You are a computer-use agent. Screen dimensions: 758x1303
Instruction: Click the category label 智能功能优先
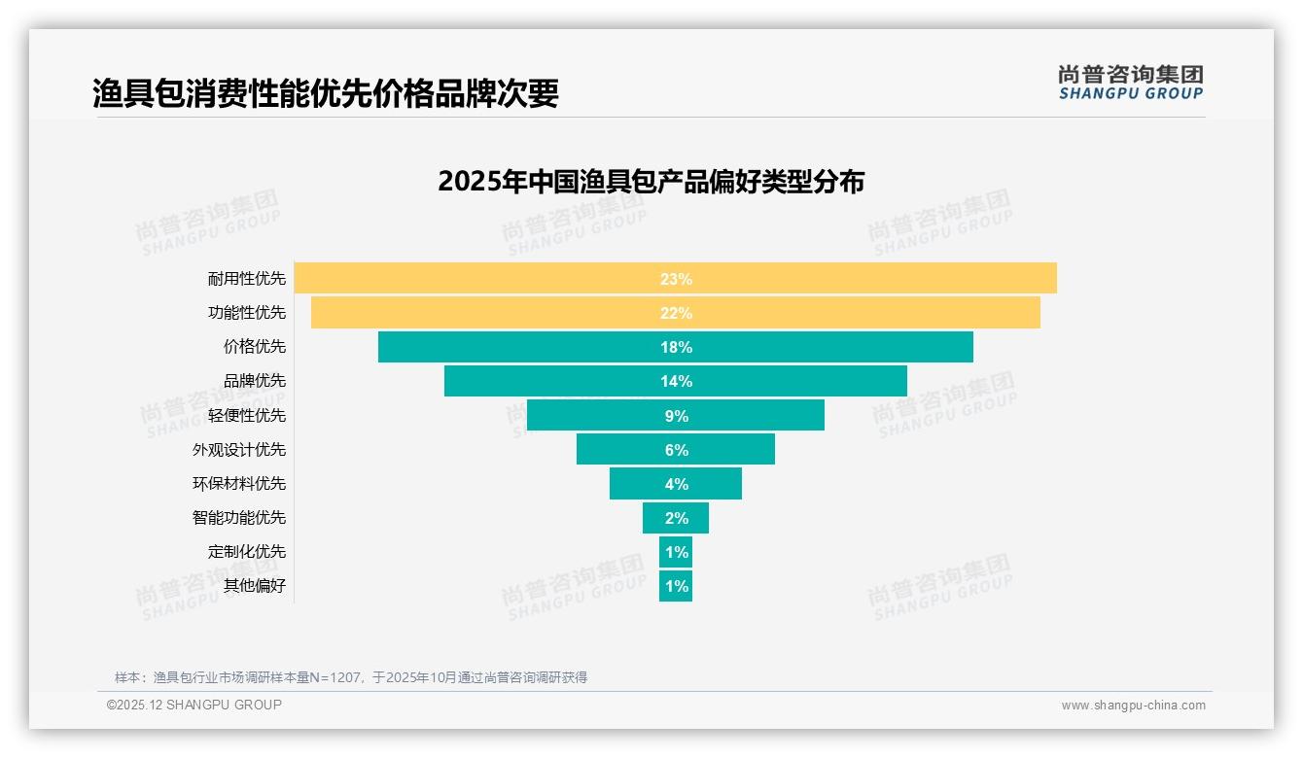[239, 518]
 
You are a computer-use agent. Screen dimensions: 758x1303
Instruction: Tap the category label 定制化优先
[247, 552]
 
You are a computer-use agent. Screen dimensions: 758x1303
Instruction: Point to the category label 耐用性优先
[247, 279]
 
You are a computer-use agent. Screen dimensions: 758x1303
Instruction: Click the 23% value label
[676, 279]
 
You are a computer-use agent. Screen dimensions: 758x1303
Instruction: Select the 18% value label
[676, 347]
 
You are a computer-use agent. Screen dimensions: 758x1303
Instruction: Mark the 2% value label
[677, 518]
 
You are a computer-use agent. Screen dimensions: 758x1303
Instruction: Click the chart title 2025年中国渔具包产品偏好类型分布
[651, 182]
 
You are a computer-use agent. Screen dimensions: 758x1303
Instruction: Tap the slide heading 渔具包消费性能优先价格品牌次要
[326, 93]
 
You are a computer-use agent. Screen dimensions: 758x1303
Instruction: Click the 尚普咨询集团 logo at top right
[1130, 82]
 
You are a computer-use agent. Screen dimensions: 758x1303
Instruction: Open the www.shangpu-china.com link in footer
[1133, 706]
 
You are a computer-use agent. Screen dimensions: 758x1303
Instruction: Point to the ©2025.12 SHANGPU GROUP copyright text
[194, 705]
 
